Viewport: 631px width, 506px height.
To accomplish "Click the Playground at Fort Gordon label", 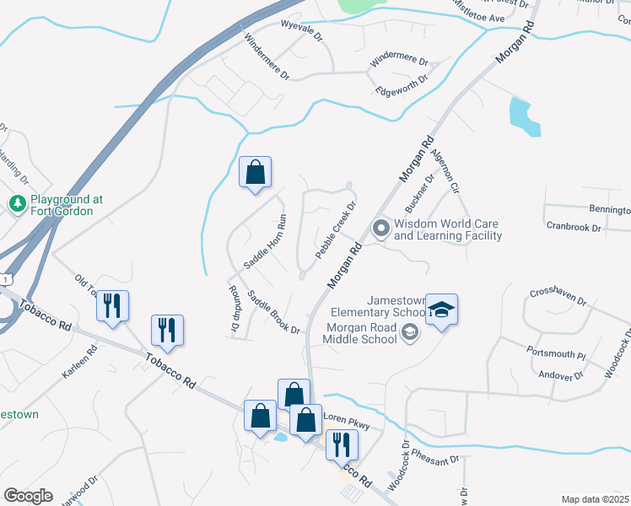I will [x=66, y=205].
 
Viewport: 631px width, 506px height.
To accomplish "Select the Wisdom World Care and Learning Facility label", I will [x=447, y=229].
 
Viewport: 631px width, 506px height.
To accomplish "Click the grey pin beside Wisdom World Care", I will [x=380, y=229].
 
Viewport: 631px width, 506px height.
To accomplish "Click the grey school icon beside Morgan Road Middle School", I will [x=411, y=332].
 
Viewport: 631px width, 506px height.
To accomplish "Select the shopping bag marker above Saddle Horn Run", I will [x=255, y=173].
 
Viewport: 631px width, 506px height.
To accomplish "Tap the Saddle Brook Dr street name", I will [x=273, y=312].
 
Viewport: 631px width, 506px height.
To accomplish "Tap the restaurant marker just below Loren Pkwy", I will [x=342, y=446].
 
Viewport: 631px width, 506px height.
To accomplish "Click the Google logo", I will [x=28, y=495].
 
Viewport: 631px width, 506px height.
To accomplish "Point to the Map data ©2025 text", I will [x=595, y=499].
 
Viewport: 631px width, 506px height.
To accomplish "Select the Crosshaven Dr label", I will [x=558, y=296].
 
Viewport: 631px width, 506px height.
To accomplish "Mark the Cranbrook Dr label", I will [x=573, y=228].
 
